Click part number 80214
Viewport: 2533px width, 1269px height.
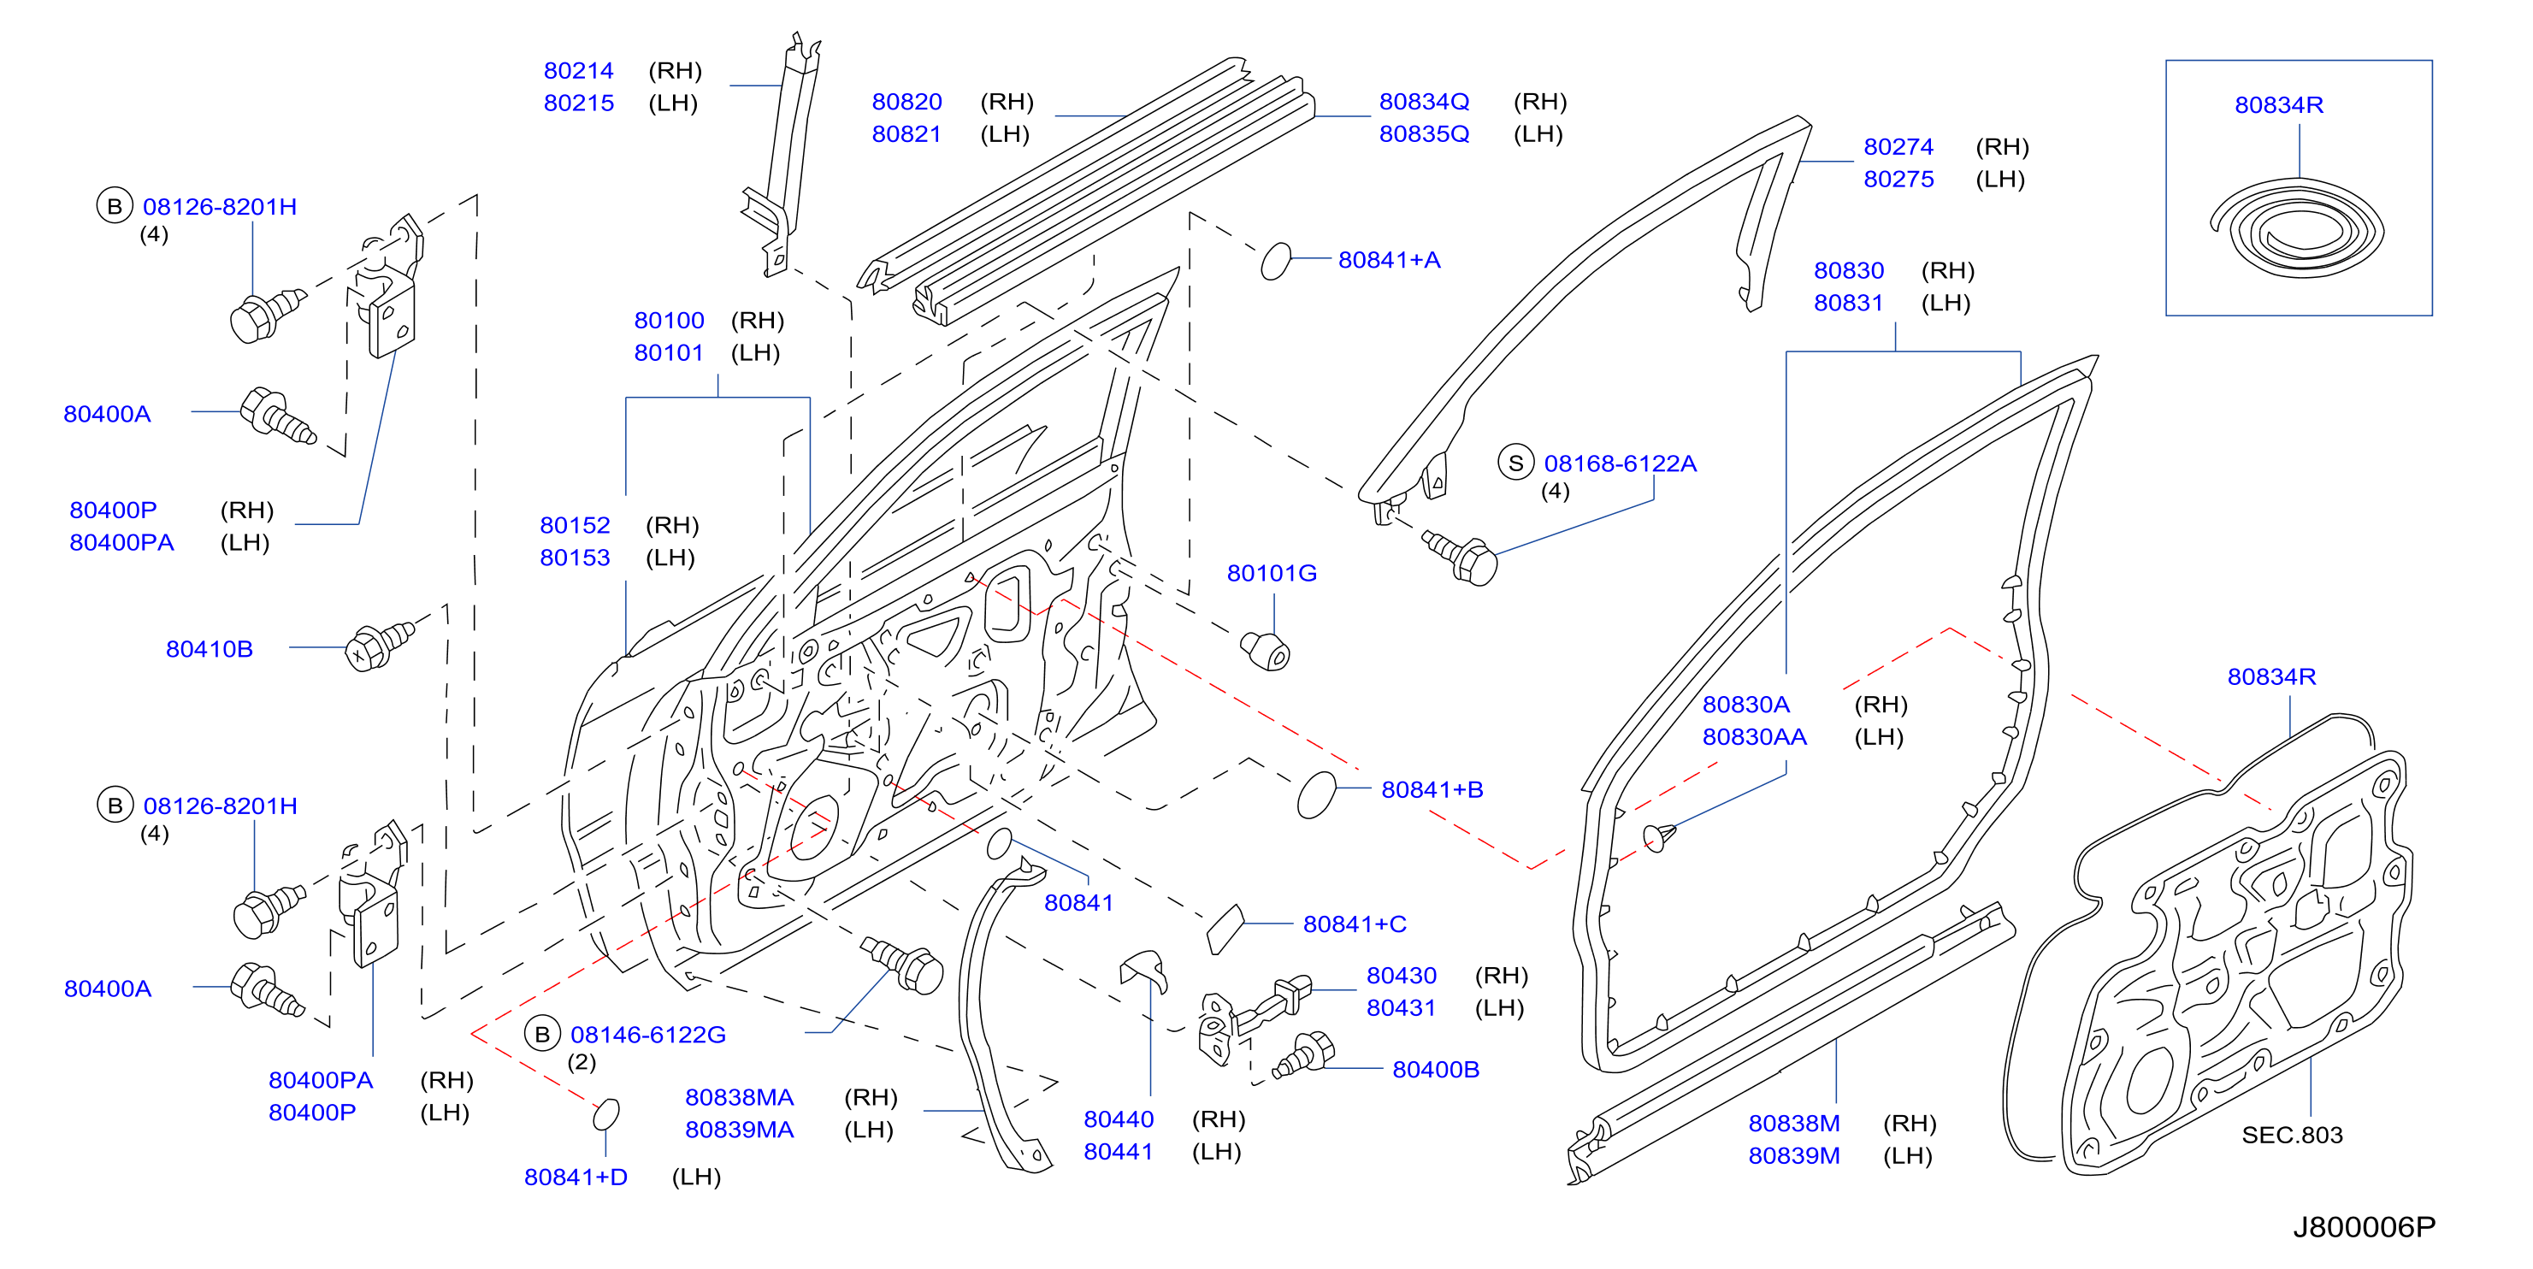tap(578, 71)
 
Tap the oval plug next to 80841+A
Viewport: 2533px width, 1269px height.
tap(1275, 262)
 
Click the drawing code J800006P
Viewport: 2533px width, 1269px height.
tap(2364, 1227)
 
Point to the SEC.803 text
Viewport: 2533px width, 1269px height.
tap(2291, 1136)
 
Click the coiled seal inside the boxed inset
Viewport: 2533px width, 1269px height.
tap(2298, 230)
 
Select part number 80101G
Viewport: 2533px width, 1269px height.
tap(1272, 573)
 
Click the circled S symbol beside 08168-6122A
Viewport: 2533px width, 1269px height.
tap(1515, 463)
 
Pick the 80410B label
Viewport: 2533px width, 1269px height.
tap(210, 649)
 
